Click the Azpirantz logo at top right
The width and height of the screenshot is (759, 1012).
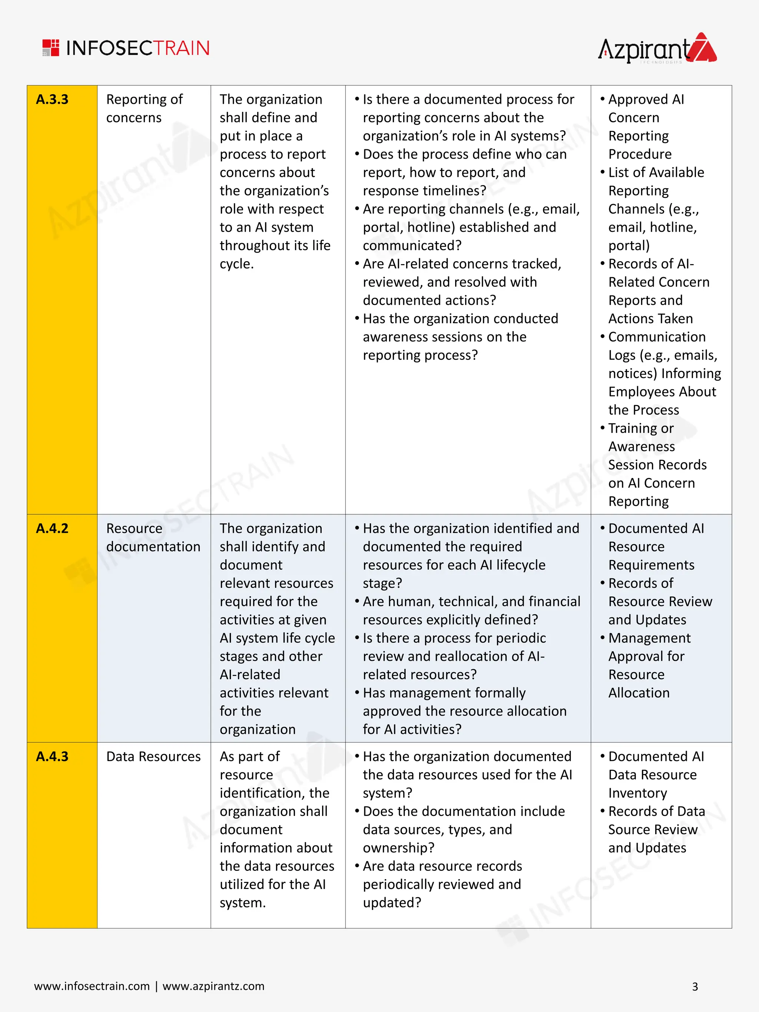point(657,49)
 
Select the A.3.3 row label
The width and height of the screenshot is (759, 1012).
point(52,99)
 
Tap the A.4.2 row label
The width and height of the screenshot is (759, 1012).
point(52,528)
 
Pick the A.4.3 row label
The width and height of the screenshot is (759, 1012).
point(52,756)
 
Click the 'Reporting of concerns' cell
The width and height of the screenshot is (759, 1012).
point(144,109)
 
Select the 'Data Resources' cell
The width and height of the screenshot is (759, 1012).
point(153,756)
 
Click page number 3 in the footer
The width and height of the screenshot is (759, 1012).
point(695,987)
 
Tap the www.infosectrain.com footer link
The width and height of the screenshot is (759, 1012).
point(92,986)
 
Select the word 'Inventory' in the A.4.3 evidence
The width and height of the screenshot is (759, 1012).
point(637,793)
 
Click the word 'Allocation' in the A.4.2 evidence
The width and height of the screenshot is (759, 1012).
point(639,693)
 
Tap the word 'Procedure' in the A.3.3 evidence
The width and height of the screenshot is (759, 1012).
point(640,154)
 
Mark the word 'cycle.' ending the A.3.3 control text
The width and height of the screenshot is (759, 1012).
point(236,264)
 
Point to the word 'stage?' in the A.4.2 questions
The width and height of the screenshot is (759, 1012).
point(382,583)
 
